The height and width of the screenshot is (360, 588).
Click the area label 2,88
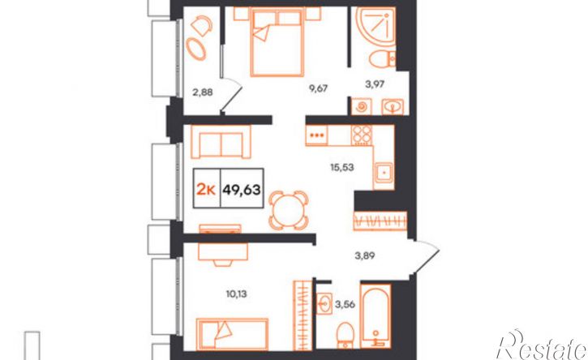coord(203,92)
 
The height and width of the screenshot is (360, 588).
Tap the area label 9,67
coord(318,89)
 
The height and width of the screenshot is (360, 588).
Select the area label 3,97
coord(375,84)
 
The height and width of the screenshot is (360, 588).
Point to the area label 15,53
coord(342,167)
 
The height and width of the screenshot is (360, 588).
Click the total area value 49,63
coord(242,190)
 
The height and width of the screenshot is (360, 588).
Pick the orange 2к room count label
coord(206,190)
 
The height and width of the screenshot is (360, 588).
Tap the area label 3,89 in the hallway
coord(365,255)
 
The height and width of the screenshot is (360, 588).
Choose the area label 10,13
coord(236,294)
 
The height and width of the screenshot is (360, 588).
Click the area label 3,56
coord(345,305)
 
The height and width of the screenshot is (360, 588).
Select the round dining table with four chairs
coord(289,210)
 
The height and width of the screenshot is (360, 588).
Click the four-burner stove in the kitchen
coord(362,135)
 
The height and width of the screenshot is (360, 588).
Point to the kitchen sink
coord(384,174)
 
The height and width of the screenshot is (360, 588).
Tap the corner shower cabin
coord(376,26)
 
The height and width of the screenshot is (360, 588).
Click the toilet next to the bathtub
coord(345,335)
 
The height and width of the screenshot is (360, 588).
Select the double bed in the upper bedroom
coord(277,42)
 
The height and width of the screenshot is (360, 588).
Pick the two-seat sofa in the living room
coord(221,142)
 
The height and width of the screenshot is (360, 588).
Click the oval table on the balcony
coord(195,49)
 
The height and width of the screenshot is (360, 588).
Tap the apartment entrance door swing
coord(426,259)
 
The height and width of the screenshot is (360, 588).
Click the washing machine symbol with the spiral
coord(362,106)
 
